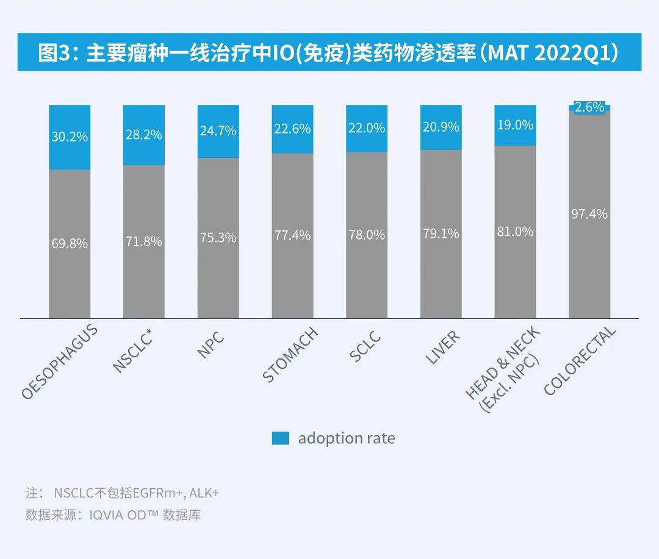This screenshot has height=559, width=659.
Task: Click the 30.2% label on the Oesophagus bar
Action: (x=69, y=137)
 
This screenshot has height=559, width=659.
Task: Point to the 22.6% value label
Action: (x=292, y=129)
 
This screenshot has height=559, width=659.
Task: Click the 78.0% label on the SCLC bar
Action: (x=367, y=234)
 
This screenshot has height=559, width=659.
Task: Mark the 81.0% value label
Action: (x=515, y=232)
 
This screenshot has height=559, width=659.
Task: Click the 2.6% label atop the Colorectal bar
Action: (x=589, y=107)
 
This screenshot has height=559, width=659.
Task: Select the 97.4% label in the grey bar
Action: (x=589, y=214)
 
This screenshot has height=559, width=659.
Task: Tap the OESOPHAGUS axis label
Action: (x=60, y=362)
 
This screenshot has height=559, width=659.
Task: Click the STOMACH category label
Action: (x=290, y=355)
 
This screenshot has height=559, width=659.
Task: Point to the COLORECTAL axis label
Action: (x=580, y=361)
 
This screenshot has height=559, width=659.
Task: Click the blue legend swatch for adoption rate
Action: (x=280, y=438)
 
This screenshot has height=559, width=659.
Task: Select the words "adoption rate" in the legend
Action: (x=346, y=438)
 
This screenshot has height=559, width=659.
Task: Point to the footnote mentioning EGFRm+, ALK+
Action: (x=122, y=493)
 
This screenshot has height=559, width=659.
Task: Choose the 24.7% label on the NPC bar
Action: (x=218, y=130)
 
